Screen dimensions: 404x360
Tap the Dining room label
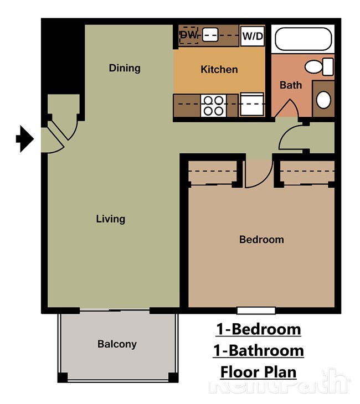click(x=125, y=68)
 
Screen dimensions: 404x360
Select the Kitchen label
click(x=219, y=69)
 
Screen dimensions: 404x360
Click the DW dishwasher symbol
click(x=188, y=35)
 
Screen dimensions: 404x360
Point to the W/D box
click(x=253, y=36)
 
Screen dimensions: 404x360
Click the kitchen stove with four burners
click(x=214, y=105)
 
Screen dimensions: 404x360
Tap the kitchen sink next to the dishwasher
click(x=210, y=35)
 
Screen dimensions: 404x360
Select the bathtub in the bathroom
click(x=304, y=39)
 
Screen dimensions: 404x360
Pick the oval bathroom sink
click(x=323, y=100)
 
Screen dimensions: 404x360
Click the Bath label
click(x=290, y=85)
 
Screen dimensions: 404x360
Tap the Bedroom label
click(x=261, y=240)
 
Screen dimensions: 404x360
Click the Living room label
click(x=111, y=219)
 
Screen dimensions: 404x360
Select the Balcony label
click(x=117, y=344)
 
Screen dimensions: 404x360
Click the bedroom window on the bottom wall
click(x=256, y=310)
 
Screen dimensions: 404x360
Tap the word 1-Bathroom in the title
click(x=258, y=350)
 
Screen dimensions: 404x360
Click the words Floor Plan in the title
click(x=258, y=371)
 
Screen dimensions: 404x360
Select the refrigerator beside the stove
click(x=251, y=105)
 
